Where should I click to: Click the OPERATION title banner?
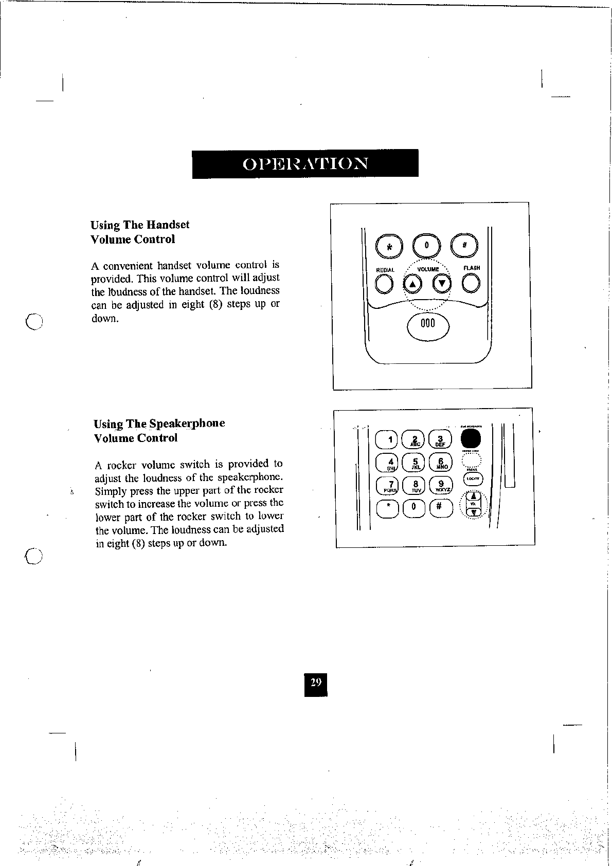(305, 163)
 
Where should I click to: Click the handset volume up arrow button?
(412, 284)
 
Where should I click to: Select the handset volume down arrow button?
(441, 283)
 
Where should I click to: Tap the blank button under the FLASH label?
(471, 283)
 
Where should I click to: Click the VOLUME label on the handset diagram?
(428, 269)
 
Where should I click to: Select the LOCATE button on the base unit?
(473, 479)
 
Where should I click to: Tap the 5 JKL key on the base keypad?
(414, 463)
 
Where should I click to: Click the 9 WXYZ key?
(441, 485)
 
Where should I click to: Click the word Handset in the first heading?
(168, 225)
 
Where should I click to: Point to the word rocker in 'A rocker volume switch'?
(122, 466)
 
